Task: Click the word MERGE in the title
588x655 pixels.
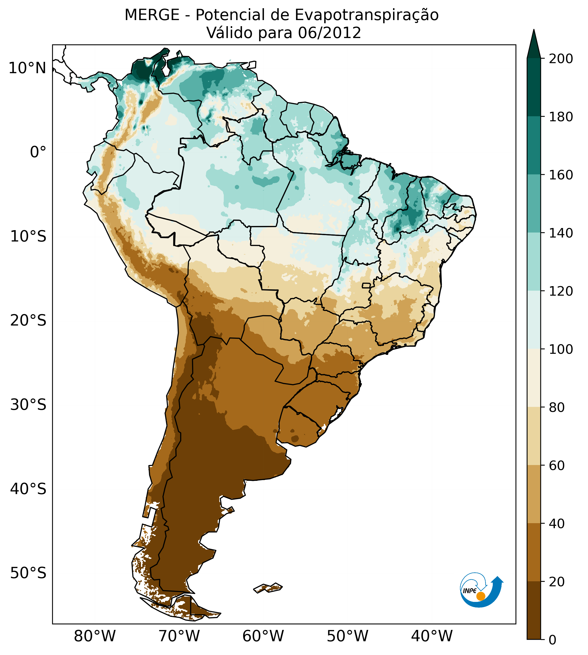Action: [152, 15]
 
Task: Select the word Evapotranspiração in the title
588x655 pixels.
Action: [366, 15]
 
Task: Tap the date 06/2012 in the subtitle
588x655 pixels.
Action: [329, 33]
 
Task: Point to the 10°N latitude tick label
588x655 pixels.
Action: [27, 68]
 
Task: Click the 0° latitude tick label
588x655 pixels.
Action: [38, 152]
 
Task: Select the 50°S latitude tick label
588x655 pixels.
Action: [28, 573]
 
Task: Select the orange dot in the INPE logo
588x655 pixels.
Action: [481, 596]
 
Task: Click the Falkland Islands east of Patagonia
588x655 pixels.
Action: [268, 588]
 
